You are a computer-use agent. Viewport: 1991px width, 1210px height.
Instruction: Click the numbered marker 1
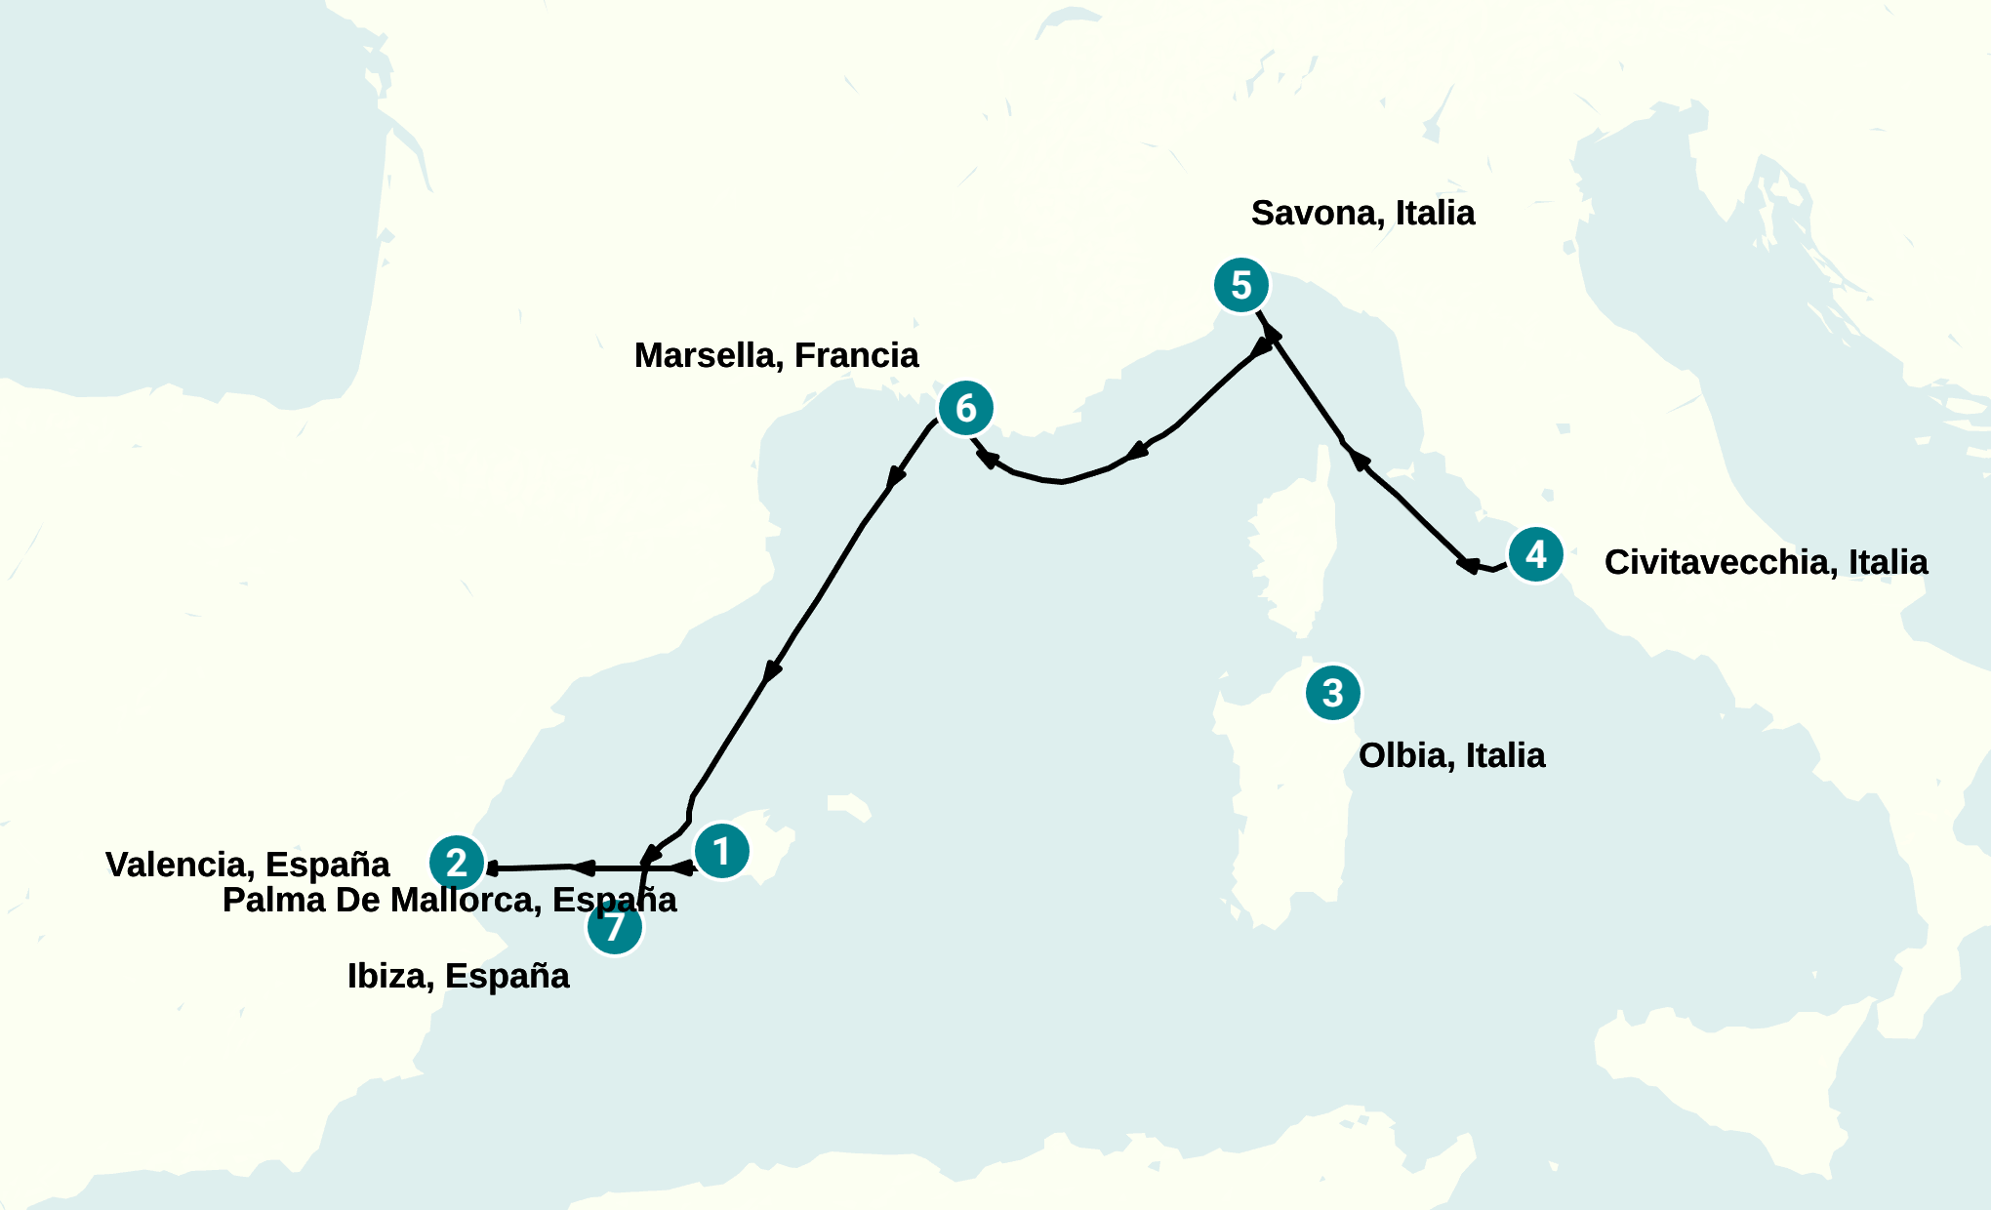coord(721,851)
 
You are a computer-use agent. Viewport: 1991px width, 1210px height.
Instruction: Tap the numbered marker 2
coord(457,863)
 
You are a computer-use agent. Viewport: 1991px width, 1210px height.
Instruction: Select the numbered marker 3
coord(1332,693)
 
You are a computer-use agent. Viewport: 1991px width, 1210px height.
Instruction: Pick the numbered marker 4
coord(1535,554)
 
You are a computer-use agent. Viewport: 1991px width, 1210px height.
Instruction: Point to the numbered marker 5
coord(1240,285)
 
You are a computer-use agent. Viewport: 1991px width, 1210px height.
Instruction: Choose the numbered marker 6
coord(965,408)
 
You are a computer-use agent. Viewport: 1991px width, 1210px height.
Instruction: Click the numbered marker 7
coord(615,927)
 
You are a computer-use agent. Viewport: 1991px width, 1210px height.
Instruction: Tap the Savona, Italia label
coord(1362,213)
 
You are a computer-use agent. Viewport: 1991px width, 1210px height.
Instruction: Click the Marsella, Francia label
coord(776,355)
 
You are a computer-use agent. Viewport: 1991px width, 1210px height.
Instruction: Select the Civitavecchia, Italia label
coord(1766,562)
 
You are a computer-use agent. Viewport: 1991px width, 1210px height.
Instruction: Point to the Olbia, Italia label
coord(1451,755)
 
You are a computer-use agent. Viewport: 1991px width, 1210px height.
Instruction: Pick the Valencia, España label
coord(247,865)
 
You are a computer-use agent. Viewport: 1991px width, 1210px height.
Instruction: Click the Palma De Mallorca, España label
coord(449,900)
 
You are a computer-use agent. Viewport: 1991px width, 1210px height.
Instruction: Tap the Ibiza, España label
coord(458,976)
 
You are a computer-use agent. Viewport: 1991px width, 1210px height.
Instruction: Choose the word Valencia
coord(180,865)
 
